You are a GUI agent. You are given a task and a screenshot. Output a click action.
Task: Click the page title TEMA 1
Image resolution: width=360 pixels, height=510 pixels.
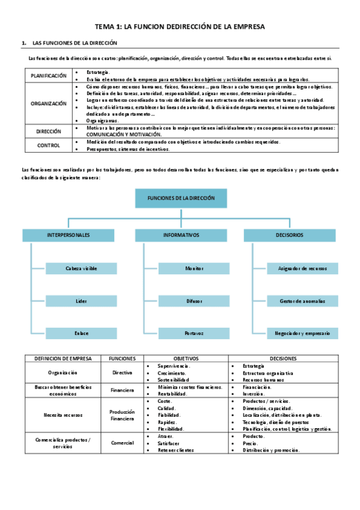[180, 27]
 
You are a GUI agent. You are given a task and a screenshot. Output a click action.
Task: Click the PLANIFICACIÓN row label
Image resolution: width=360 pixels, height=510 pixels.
[48, 76]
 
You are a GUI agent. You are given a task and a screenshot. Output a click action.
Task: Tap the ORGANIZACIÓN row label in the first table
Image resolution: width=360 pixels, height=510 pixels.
[48, 103]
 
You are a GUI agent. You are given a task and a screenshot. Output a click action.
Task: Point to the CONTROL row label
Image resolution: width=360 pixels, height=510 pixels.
[48, 145]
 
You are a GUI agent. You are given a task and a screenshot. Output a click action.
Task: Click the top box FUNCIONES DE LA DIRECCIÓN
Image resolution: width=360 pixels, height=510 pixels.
[180, 198]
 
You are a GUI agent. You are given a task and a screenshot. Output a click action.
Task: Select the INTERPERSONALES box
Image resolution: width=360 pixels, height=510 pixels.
[69, 235]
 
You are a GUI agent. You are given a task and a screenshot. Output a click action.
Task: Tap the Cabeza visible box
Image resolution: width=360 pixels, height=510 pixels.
[81, 268]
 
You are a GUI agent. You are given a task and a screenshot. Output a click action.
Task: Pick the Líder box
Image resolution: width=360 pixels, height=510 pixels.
[81, 300]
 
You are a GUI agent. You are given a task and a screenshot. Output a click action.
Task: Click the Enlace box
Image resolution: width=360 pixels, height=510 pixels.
[81, 333]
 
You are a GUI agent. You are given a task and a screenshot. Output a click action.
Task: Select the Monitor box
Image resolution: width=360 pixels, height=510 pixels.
[194, 268]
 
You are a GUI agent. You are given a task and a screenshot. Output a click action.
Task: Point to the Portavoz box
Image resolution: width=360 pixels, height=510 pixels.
[194, 333]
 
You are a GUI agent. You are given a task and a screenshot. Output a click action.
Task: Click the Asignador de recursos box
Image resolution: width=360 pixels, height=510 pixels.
[302, 268]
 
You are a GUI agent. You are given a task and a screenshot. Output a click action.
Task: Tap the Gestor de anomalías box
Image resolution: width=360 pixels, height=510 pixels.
[302, 300]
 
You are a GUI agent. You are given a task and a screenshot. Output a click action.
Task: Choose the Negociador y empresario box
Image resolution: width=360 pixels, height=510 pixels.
[302, 333]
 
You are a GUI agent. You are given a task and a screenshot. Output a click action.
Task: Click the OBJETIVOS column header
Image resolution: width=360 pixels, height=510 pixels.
[186, 358]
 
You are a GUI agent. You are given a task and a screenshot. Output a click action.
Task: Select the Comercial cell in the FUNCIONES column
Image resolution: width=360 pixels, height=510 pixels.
[122, 443]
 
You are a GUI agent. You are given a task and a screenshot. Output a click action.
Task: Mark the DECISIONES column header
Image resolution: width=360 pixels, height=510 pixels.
[282, 358]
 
